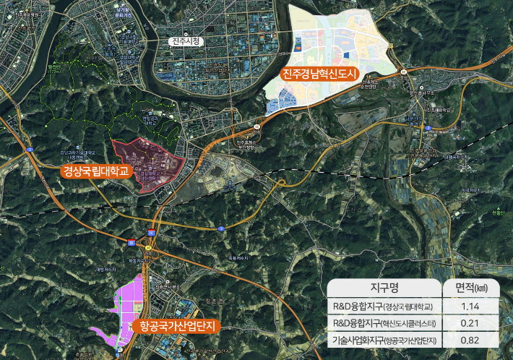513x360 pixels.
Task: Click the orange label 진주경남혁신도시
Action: coord(319,73)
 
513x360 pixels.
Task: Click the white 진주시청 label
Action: coord(186,42)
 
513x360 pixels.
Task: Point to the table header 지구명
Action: coord(383,288)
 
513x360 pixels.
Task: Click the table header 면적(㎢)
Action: coord(470,288)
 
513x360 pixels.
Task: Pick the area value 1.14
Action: coord(470,306)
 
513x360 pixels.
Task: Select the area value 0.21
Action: coord(470,322)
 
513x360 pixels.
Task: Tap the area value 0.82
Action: coord(470,340)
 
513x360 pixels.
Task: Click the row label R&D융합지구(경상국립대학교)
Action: coord(383,306)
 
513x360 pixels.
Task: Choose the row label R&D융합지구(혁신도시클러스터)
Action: coord(383,322)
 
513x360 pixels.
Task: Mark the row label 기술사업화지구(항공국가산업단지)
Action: coord(383,340)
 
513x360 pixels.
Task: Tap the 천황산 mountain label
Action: coord(497,213)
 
